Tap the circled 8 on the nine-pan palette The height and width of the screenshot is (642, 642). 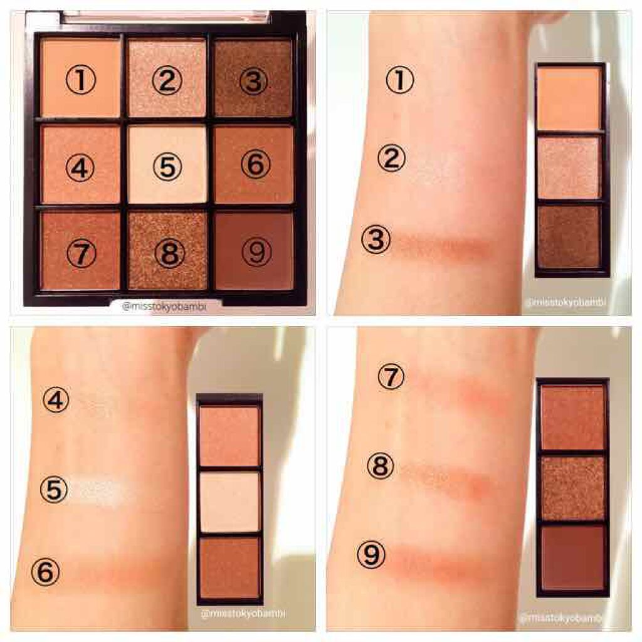(167, 253)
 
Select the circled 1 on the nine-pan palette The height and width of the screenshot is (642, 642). (80, 82)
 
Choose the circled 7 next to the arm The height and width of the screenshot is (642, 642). (392, 377)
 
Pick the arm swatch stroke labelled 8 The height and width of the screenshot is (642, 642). (445, 478)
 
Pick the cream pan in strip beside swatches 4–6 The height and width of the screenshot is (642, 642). (230, 501)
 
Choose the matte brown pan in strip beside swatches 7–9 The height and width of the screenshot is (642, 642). (572, 557)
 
